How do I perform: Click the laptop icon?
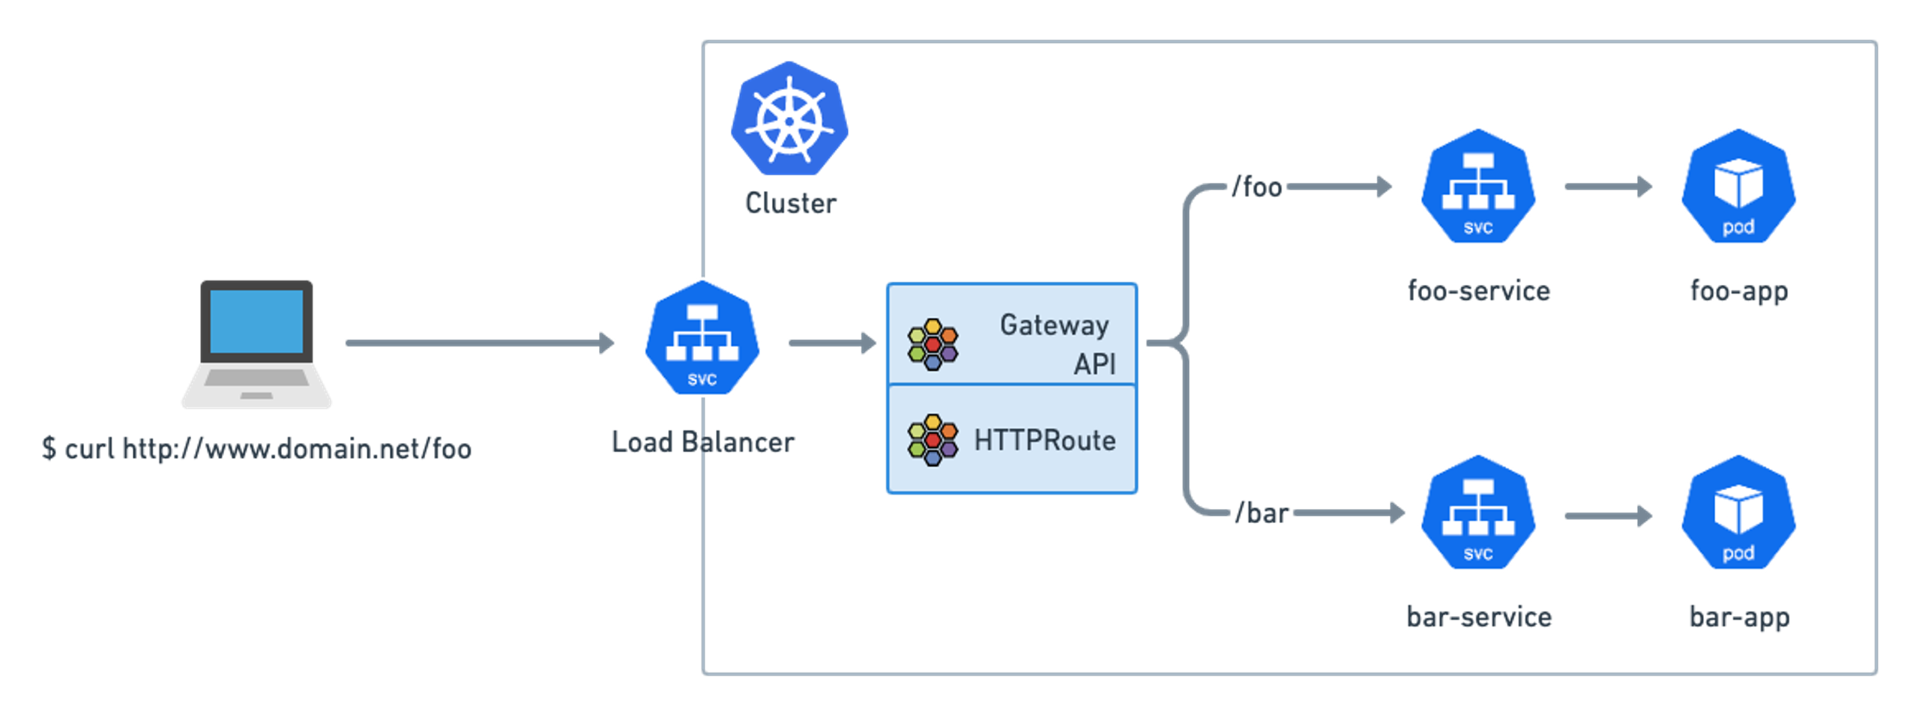point(256,344)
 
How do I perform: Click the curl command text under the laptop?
point(256,449)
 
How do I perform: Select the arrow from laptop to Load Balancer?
point(480,343)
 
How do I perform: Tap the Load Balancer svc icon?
point(702,338)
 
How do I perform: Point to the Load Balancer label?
point(703,442)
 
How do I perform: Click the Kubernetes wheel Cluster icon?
point(789,118)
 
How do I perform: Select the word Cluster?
point(791,203)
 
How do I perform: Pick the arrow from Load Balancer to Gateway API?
point(832,343)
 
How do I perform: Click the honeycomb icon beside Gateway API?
point(933,345)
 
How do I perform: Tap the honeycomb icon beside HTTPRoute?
point(933,440)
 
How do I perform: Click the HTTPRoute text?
point(1045,441)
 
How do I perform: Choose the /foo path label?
point(1257,187)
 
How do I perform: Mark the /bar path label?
point(1262,513)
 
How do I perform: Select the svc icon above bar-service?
point(1478,513)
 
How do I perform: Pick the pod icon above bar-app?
point(1738,513)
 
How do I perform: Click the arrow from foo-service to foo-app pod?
point(1609,187)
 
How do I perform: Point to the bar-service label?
point(1479,617)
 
